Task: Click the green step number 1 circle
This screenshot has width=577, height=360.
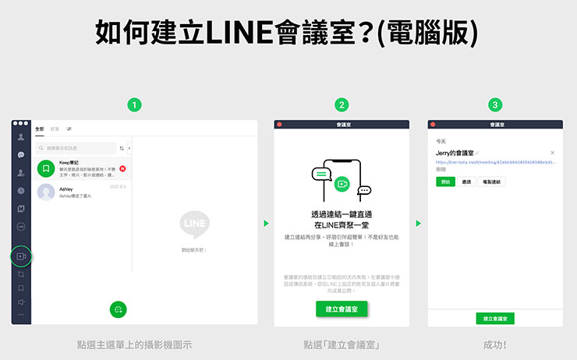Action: coord(135,104)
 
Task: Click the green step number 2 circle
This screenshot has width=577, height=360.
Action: coord(341,104)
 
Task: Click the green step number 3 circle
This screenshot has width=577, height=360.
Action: coord(495,104)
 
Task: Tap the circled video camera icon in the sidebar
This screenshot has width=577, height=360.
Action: coord(21,256)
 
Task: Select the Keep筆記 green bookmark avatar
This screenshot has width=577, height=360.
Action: coord(46,168)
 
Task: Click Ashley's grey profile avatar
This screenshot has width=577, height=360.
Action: coord(46,192)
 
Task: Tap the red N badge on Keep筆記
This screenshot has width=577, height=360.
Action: coord(123,168)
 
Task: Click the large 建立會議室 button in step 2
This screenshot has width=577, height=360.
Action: coord(341,309)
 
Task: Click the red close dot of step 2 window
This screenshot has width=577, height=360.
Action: coord(280,124)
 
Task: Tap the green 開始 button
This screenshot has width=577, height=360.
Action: coord(445,182)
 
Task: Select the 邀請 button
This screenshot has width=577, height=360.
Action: coord(467,182)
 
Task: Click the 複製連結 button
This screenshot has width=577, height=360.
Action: coord(493,182)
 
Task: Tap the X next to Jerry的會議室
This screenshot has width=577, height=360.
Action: coord(553,153)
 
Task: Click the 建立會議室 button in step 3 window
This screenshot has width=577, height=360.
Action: coord(495,318)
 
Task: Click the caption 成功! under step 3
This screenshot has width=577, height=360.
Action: coord(495,344)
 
